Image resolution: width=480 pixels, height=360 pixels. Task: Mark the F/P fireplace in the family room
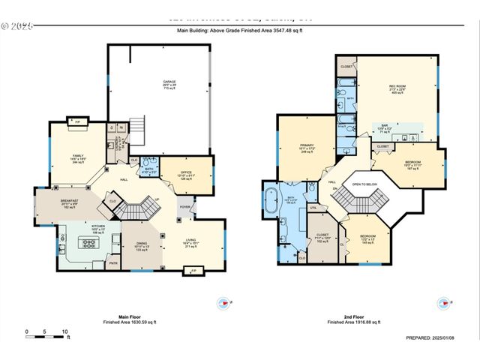click(x=76, y=120)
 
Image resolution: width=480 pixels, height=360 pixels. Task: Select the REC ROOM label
click(x=397, y=87)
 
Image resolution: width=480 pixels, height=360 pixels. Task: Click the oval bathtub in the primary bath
click(x=270, y=201)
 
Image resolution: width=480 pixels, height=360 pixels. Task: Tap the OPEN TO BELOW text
click(x=364, y=184)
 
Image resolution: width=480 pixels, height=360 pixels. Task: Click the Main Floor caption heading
click(x=130, y=317)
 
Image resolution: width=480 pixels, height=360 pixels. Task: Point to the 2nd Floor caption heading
click(x=355, y=317)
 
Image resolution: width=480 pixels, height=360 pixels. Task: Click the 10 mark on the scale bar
click(x=65, y=331)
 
